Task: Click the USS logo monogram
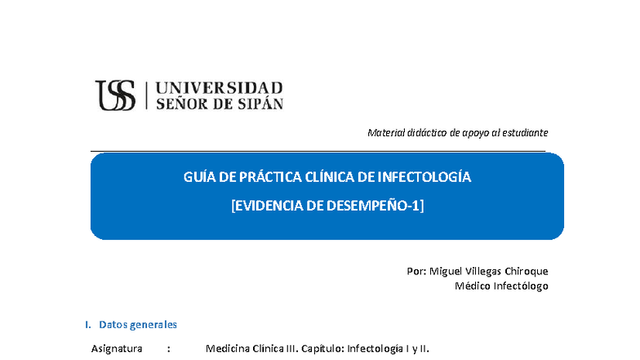coord(115,95)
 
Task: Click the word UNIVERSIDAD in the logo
coord(219,87)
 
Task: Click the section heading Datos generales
coord(137,325)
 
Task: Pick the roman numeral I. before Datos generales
coord(88,325)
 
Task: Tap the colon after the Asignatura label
coord(168,349)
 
